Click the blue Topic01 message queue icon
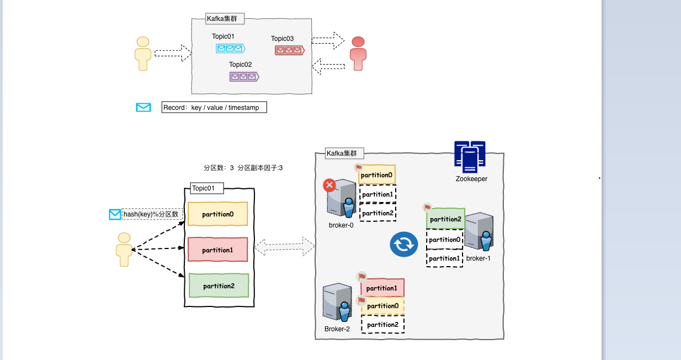tap(230, 49)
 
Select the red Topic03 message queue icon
tap(290, 50)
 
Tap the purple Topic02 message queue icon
tap(244, 77)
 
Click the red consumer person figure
tap(358, 53)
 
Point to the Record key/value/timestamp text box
tap(214, 108)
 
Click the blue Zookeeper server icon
tap(470, 157)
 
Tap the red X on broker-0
tap(329, 185)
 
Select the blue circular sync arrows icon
tap(404, 244)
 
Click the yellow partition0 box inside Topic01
tap(218, 214)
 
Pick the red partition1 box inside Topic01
tap(218, 250)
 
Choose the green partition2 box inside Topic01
tap(219, 285)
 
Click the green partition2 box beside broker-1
tap(445, 219)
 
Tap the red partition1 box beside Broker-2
tap(382, 288)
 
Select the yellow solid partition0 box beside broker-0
tap(377, 175)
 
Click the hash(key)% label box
tap(151, 214)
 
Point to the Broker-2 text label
tap(337, 329)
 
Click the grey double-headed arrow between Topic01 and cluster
tap(285, 246)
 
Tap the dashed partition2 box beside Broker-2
tap(382, 325)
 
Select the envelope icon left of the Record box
tap(143, 108)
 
